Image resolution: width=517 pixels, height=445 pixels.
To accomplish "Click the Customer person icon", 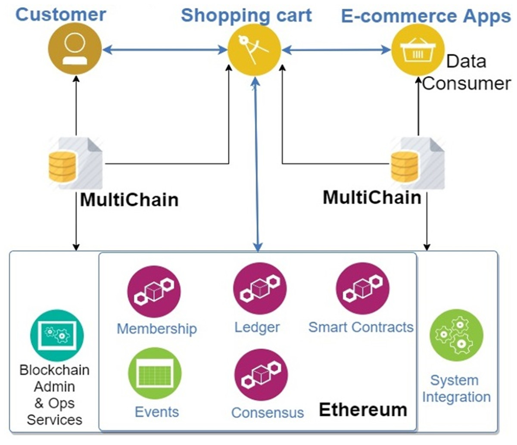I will click(74, 49).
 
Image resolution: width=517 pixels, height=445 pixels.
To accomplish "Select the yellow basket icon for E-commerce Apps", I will click(417, 50).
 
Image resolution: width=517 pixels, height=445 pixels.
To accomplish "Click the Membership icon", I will click(154, 292).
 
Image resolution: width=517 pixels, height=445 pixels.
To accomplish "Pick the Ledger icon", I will click(260, 289).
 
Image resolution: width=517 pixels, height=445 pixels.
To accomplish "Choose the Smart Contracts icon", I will click(362, 289).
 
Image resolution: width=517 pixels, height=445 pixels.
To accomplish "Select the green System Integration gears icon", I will click(456, 335).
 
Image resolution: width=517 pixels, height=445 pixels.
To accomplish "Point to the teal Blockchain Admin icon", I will click(57, 335).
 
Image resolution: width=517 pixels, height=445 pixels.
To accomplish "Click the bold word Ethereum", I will click(363, 410).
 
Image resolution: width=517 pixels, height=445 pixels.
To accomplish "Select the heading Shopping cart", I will click(246, 15).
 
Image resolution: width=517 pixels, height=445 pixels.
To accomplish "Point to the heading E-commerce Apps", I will click(426, 16).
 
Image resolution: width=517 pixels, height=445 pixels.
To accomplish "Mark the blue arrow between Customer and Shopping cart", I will click(164, 50).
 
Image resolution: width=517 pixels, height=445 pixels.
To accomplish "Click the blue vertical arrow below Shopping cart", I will click(257, 164).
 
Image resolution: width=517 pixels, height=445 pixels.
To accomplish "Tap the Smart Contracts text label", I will click(361, 327).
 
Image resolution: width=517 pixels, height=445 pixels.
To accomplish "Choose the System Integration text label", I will click(456, 389).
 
